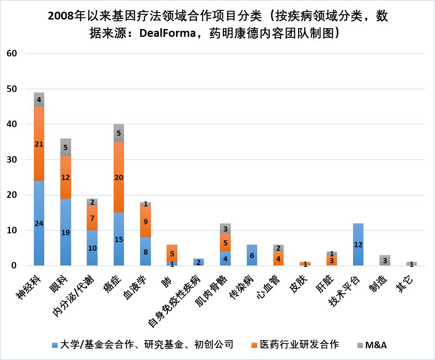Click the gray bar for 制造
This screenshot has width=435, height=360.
385,261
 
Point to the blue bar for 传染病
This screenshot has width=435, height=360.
252,255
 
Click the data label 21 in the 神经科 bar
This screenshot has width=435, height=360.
39,144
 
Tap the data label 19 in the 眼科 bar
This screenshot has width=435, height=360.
65,232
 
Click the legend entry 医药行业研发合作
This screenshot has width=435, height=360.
294,345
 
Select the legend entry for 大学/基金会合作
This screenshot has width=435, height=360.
143,345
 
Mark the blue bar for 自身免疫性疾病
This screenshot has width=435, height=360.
199,262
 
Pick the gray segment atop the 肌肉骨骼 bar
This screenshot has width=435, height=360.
225,229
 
